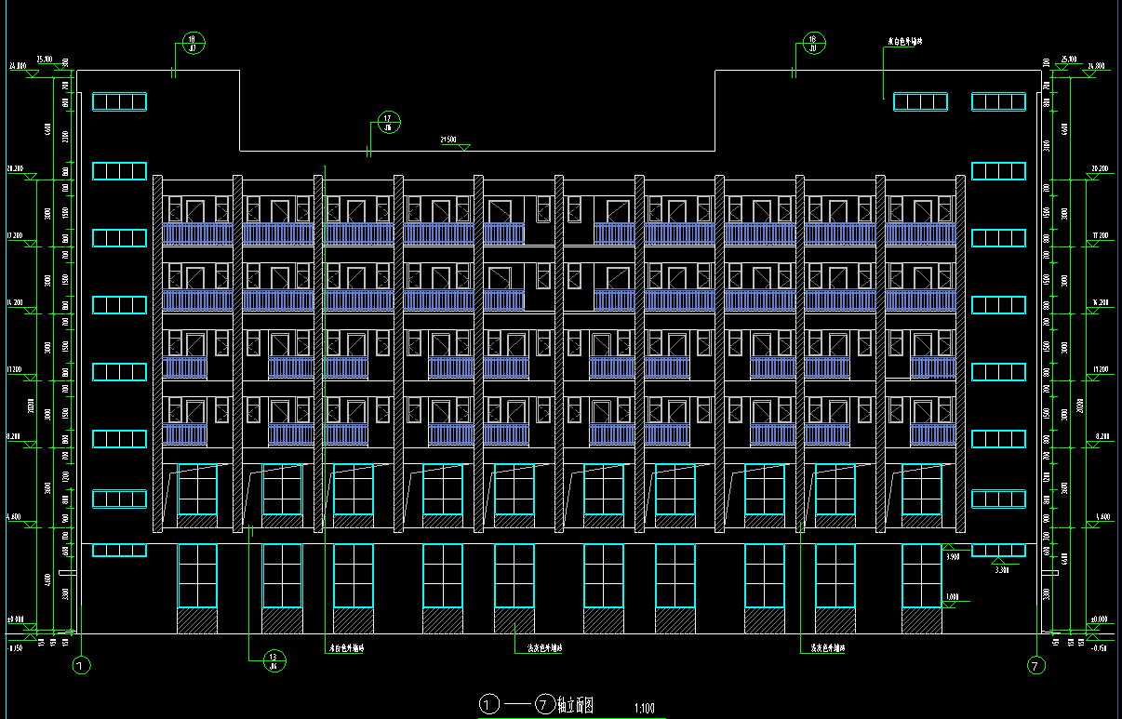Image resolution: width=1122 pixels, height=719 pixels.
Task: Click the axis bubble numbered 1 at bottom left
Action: tap(81, 665)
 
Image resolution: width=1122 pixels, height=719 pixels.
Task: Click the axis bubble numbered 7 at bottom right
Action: tap(1035, 665)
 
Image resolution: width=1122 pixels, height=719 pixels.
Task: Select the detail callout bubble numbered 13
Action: tap(274, 660)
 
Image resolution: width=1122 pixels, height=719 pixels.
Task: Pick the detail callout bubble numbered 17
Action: tap(389, 122)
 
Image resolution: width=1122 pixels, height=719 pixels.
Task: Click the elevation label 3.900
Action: tap(952, 556)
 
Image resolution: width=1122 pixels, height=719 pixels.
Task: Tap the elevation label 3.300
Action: tap(1001, 569)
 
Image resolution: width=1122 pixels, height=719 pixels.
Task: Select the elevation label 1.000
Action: tap(951, 597)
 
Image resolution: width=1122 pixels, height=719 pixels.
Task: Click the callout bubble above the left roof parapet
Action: tap(193, 43)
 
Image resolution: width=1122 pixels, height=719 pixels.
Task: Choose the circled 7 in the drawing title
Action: tap(545, 704)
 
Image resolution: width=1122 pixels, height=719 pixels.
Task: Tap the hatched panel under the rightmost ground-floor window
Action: tap(921, 620)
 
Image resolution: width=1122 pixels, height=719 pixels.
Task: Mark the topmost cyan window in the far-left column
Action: tap(120, 102)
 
